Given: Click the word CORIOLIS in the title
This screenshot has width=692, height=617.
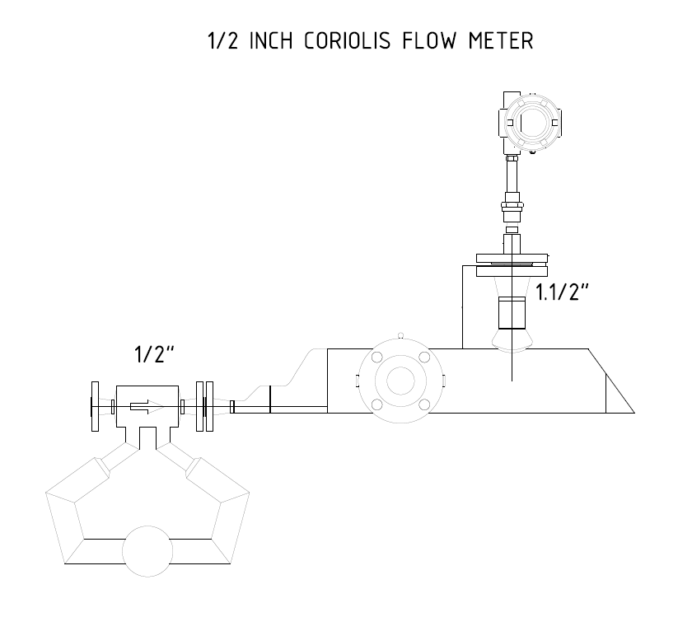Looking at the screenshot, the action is pos(348,40).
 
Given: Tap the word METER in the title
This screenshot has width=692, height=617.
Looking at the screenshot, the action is pos(501,40).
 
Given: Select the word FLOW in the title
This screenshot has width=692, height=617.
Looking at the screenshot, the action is pos(429,40).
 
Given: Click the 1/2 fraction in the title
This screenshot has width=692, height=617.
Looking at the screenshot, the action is pos(223,40).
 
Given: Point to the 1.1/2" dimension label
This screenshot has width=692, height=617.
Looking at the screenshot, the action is pos(562,292).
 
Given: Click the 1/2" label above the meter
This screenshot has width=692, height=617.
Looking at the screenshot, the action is pos(154,354).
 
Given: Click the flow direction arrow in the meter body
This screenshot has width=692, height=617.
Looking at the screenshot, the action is pos(146,407).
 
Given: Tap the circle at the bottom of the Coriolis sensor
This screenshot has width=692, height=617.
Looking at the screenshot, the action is pos(147,551).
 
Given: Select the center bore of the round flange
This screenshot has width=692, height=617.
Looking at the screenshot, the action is pos(400,381).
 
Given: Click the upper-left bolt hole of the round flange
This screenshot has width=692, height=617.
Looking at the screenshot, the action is pos(377,357).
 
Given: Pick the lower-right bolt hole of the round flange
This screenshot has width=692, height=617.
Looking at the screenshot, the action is pos(424,404).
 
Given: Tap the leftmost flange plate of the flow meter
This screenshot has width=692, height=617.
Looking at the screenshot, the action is pos(95,406).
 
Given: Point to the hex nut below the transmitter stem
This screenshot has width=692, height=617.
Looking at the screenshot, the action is pos(512,205).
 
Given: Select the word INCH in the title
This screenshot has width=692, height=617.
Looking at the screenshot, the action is pos(271,40).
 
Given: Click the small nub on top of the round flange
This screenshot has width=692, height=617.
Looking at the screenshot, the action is pos(400,335).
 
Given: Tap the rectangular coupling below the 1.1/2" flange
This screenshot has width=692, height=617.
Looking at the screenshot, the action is pos(512,313).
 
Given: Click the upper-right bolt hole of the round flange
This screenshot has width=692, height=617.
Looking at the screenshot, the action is pos(424,357).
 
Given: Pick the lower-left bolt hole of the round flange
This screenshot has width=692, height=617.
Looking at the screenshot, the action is pos(377,404).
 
